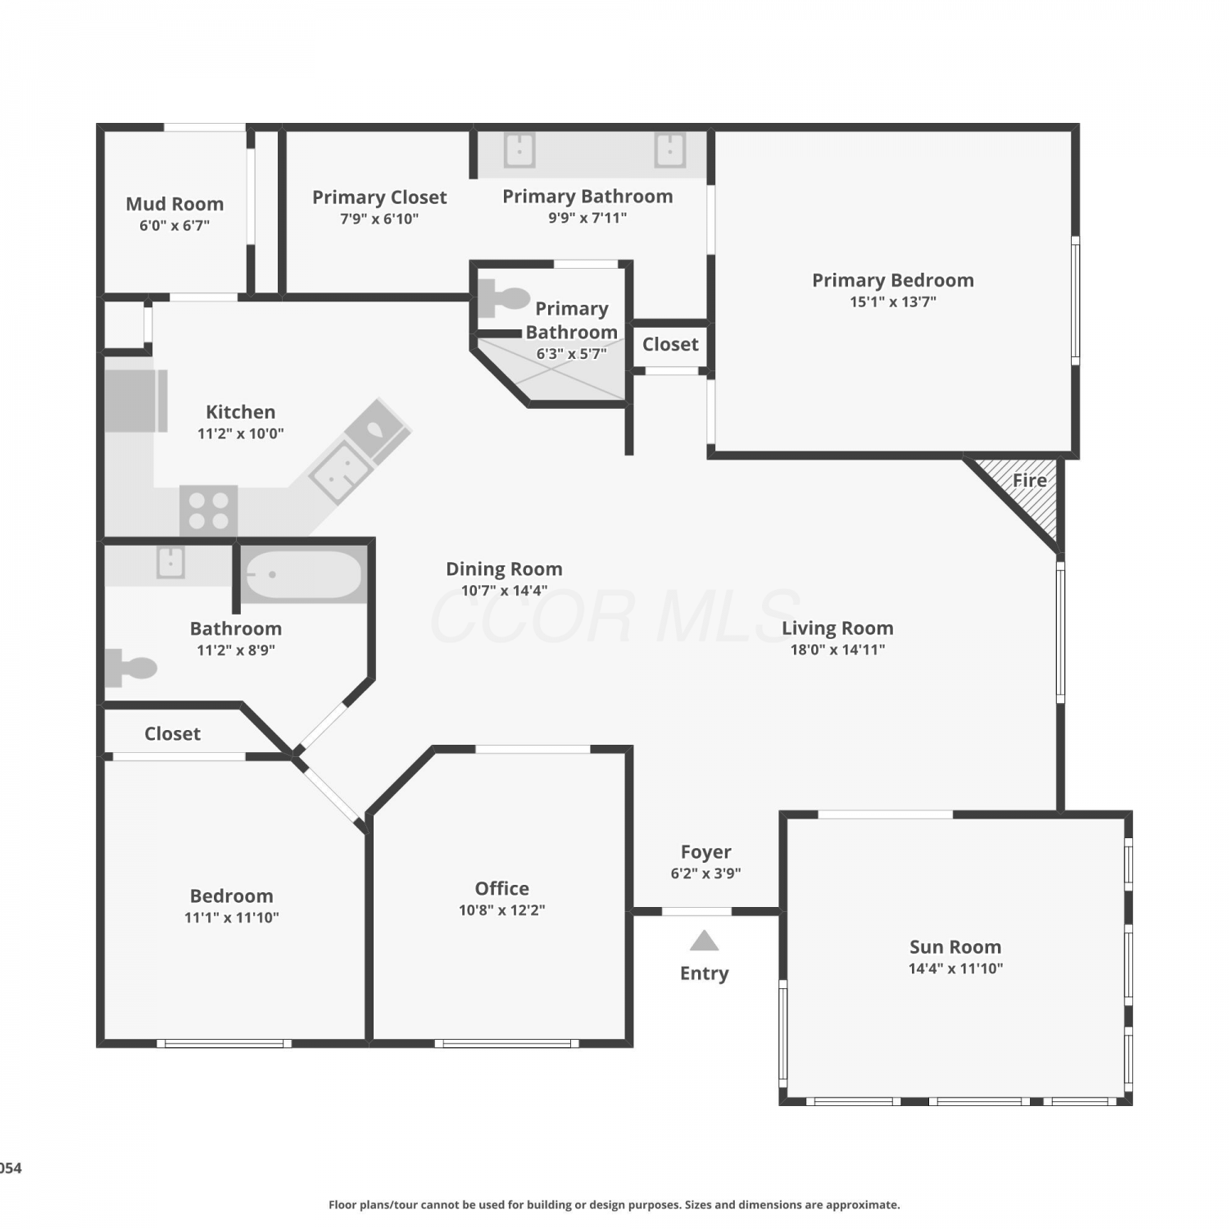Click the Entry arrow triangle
click(x=704, y=941)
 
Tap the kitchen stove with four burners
click(x=209, y=510)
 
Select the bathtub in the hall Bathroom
click(x=303, y=574)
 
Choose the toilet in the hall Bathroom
click(x=130, y=668)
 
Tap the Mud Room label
click(x=175, y=204)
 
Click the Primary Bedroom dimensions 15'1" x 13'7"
click(x=893, y=302)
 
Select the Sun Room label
click(x=955, y=947)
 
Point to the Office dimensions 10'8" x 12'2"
click(x=502, y=910)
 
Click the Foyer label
click(x=706, y=852)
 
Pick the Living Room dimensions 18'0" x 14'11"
click(x=837, y=650)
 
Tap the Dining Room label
click(x=504, y=569)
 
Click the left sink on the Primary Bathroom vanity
click(x=519, y=150)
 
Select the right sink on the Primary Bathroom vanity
click(x=669, y=150)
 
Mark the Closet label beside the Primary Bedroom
click(x=670, y=344)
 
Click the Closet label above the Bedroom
click(x=172, y=733)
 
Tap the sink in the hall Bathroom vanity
click(x=170, y=562)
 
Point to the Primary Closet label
click(x=379, y=197)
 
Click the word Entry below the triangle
click(x=705, y=973)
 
